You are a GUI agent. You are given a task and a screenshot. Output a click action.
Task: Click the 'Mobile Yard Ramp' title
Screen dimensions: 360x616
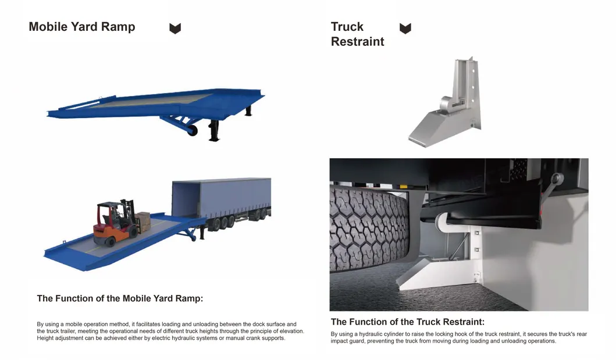click(x=81, y=27)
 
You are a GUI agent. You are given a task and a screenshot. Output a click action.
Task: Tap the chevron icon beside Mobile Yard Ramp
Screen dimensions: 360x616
click(x=175, y=28)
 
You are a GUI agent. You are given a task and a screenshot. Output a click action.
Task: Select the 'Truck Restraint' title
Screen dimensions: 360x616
click(x=357, y=34)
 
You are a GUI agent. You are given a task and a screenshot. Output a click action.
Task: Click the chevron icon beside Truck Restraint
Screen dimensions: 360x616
click(x=405, y=28)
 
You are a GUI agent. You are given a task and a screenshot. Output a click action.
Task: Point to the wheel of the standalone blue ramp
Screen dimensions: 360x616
click(x=192, y=131)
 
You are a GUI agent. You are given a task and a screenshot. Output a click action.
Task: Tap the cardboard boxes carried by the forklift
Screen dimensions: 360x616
click(x=143, y=220)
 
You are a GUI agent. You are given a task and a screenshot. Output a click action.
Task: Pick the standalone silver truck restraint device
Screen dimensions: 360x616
click(x=445, y=105)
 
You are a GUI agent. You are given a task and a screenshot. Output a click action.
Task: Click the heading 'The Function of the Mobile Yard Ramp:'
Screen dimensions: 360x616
click(x=120, y=298)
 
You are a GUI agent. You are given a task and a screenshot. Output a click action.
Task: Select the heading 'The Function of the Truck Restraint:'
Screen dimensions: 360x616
click(x=407, y=322)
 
